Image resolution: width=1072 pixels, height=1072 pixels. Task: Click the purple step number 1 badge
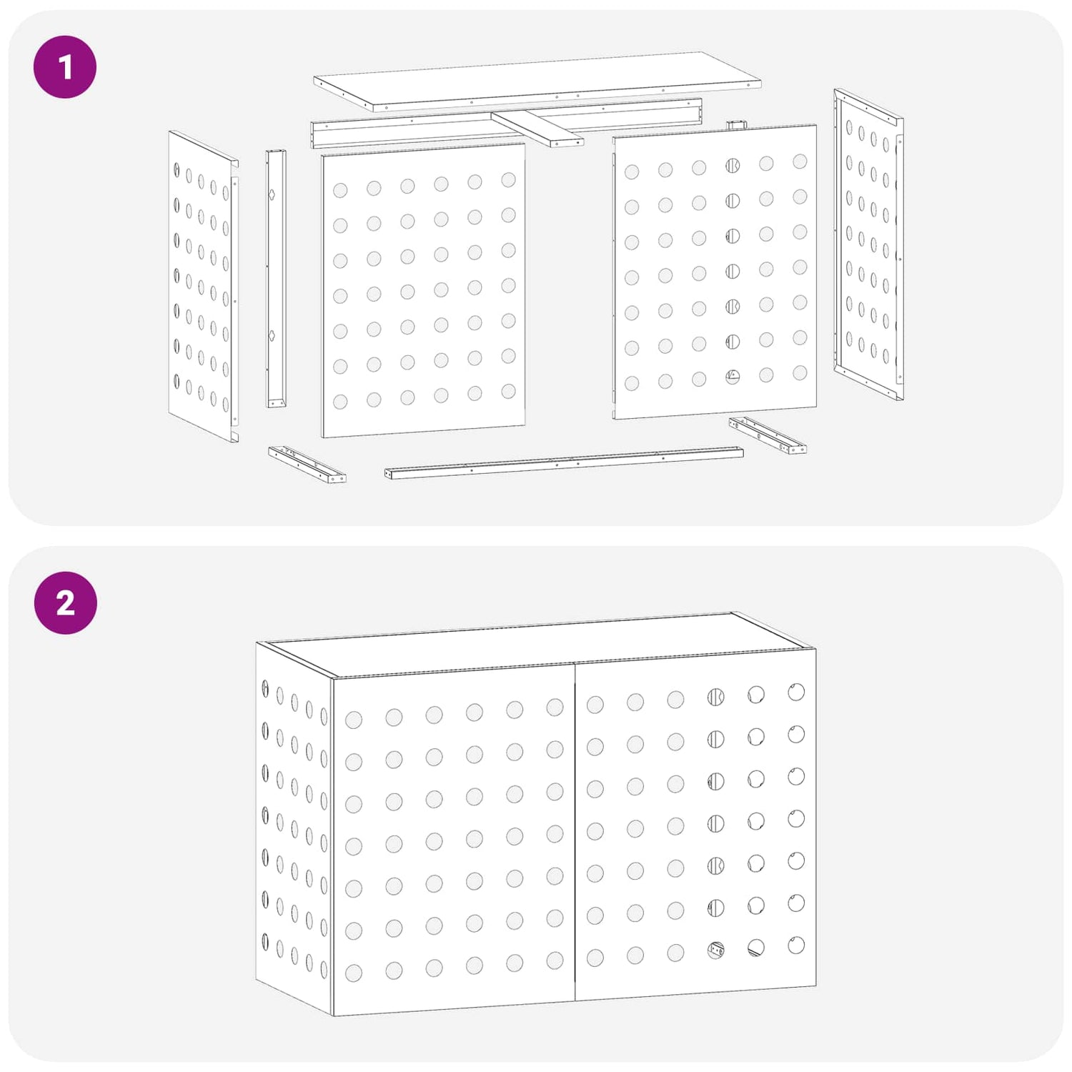[x=65, y=67]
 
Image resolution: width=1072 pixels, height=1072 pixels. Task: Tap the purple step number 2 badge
[x=65, y=602]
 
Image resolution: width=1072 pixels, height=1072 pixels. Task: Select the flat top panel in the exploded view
[x=537, y=81]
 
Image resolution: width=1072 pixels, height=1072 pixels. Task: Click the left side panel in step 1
[x=204, y=286]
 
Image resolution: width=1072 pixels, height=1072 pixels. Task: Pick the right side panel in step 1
[x=868, y=244]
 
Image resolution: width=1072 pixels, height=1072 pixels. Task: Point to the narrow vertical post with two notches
[x=277, y=279]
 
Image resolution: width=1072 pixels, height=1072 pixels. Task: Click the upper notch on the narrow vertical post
[x=272, y=194]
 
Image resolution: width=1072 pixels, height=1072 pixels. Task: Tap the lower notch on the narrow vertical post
[x=272, y=336]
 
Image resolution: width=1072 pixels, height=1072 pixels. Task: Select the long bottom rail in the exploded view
[x=564, y=463]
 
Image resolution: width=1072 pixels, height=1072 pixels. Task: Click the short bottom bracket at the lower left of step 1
[x=307, y=465]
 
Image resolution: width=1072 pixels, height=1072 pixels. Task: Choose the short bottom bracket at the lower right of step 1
[x=768, y=435]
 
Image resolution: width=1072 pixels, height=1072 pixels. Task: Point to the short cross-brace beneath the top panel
[x=537, y=129]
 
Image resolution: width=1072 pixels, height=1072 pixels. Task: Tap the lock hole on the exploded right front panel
[x=733, y=376]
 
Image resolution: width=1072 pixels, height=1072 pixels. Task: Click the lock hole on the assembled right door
[x=716, y=950]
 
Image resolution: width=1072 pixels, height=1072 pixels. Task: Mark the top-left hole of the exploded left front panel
[x=340, y=190]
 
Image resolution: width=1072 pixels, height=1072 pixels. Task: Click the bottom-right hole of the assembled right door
[x=796, y=945]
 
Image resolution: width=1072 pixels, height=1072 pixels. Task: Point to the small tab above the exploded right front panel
[x=736, y=125]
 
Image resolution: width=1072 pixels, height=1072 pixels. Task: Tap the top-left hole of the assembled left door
[x=354, y=720]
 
